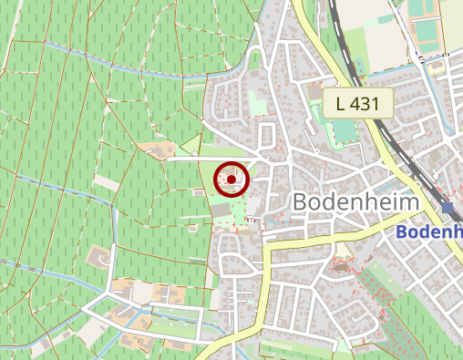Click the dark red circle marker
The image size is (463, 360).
pyautogui.click(x=231, y=180)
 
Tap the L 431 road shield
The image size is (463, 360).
pyautogui.click(x=357, y=102)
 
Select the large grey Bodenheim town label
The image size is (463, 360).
pyautogui.click(x=355, y=202)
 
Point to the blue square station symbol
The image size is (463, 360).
pyautogui.click(x=448, y=208)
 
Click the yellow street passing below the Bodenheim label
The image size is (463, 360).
pyautogui.click(x=310, y=239)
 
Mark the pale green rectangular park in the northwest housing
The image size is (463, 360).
pyautogui.click(x=259, y=108)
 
